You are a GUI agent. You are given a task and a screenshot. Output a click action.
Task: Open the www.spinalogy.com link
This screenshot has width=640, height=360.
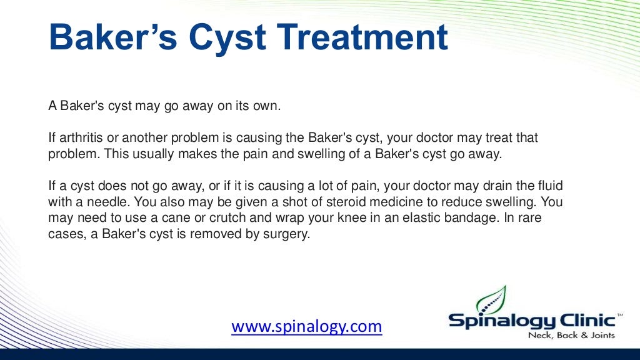pyautogui.click(x=306, y=326)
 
